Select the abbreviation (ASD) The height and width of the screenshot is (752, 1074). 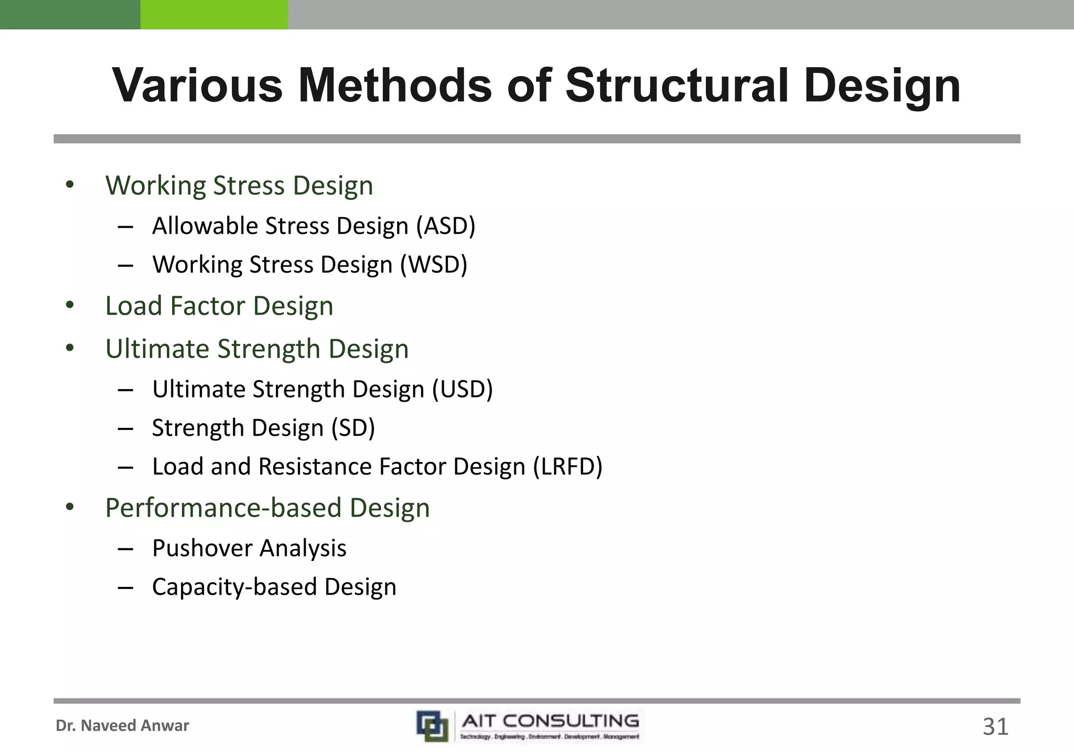point(446,226)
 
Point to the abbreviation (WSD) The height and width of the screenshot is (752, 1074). point(434,264)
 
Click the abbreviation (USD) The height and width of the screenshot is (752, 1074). point(462,389)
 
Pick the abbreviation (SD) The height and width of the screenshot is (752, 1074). point(353,428)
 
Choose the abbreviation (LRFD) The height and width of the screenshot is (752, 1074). point(568,466)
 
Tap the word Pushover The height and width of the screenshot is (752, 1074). point(202,549)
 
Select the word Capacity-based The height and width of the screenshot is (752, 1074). point(234,587)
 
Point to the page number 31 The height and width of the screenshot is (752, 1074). point(995,727)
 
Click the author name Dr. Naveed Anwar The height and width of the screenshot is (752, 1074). point(122,726)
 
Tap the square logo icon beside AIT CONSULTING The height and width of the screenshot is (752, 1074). point(433,726)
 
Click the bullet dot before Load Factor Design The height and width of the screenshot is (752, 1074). point(70,305)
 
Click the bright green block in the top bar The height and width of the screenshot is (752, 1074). point(214,15)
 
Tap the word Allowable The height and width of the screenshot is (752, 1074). point(205,226)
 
